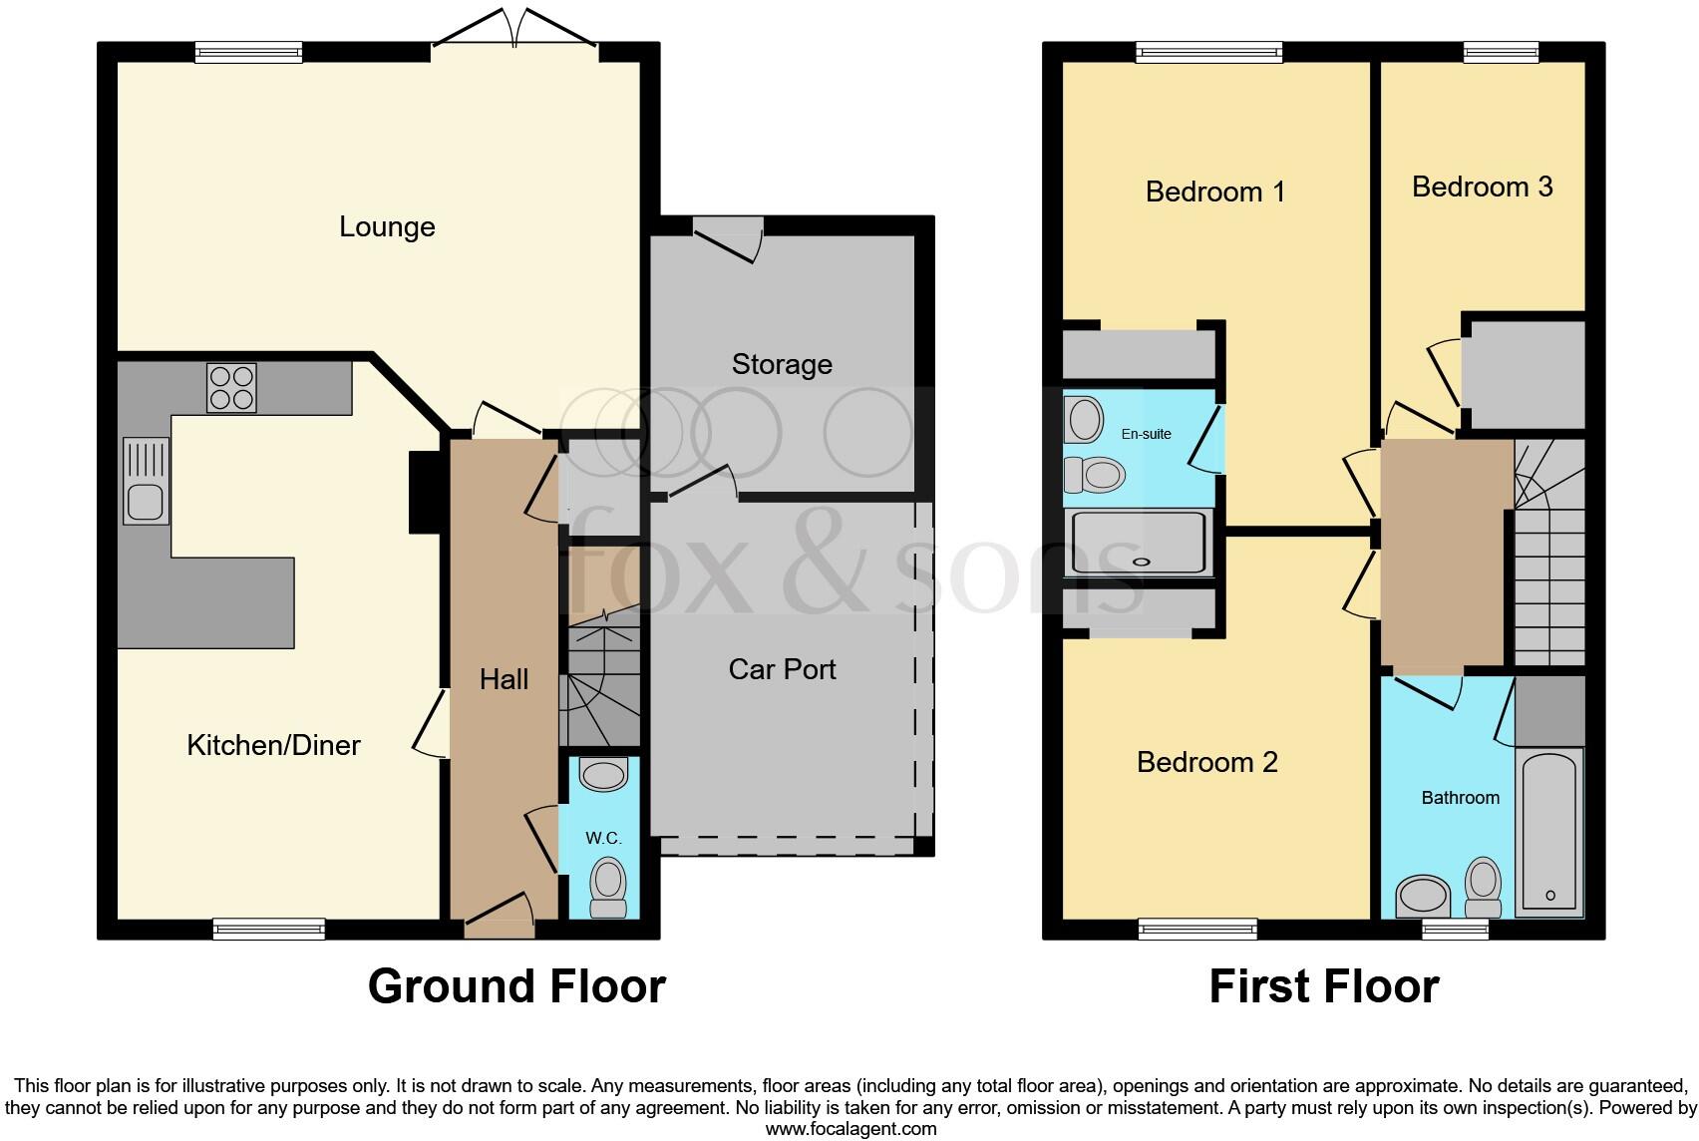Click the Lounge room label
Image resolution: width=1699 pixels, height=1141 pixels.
(387, 226)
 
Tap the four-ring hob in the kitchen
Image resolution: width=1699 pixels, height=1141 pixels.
(231, 388)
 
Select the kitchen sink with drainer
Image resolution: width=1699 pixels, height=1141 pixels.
(146, 481)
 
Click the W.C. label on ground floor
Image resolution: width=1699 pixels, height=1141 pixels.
(603, 838)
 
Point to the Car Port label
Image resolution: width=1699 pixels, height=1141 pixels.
(782, 669)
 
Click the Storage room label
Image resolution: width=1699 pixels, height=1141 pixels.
(782, 364)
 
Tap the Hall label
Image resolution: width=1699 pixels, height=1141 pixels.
(504, 680)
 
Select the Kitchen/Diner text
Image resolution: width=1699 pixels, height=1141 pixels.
(273, 745)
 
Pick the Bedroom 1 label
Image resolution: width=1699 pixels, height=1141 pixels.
(1214, 190)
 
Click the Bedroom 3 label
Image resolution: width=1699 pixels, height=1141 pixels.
(1482, 187)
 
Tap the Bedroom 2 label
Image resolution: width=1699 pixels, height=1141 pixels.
(1206, 762)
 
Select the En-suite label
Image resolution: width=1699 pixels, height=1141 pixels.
(1146, 434)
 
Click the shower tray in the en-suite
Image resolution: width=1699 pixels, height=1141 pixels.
(1139, 543)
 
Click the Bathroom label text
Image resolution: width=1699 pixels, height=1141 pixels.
(1460, 798)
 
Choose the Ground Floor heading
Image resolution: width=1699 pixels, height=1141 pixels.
(516, 986)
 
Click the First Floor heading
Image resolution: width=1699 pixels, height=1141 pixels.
(1323, 986)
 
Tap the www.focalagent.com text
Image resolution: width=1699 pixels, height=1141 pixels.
(850, 1129)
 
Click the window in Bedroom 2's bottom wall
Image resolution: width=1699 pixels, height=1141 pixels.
(1197, 930)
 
